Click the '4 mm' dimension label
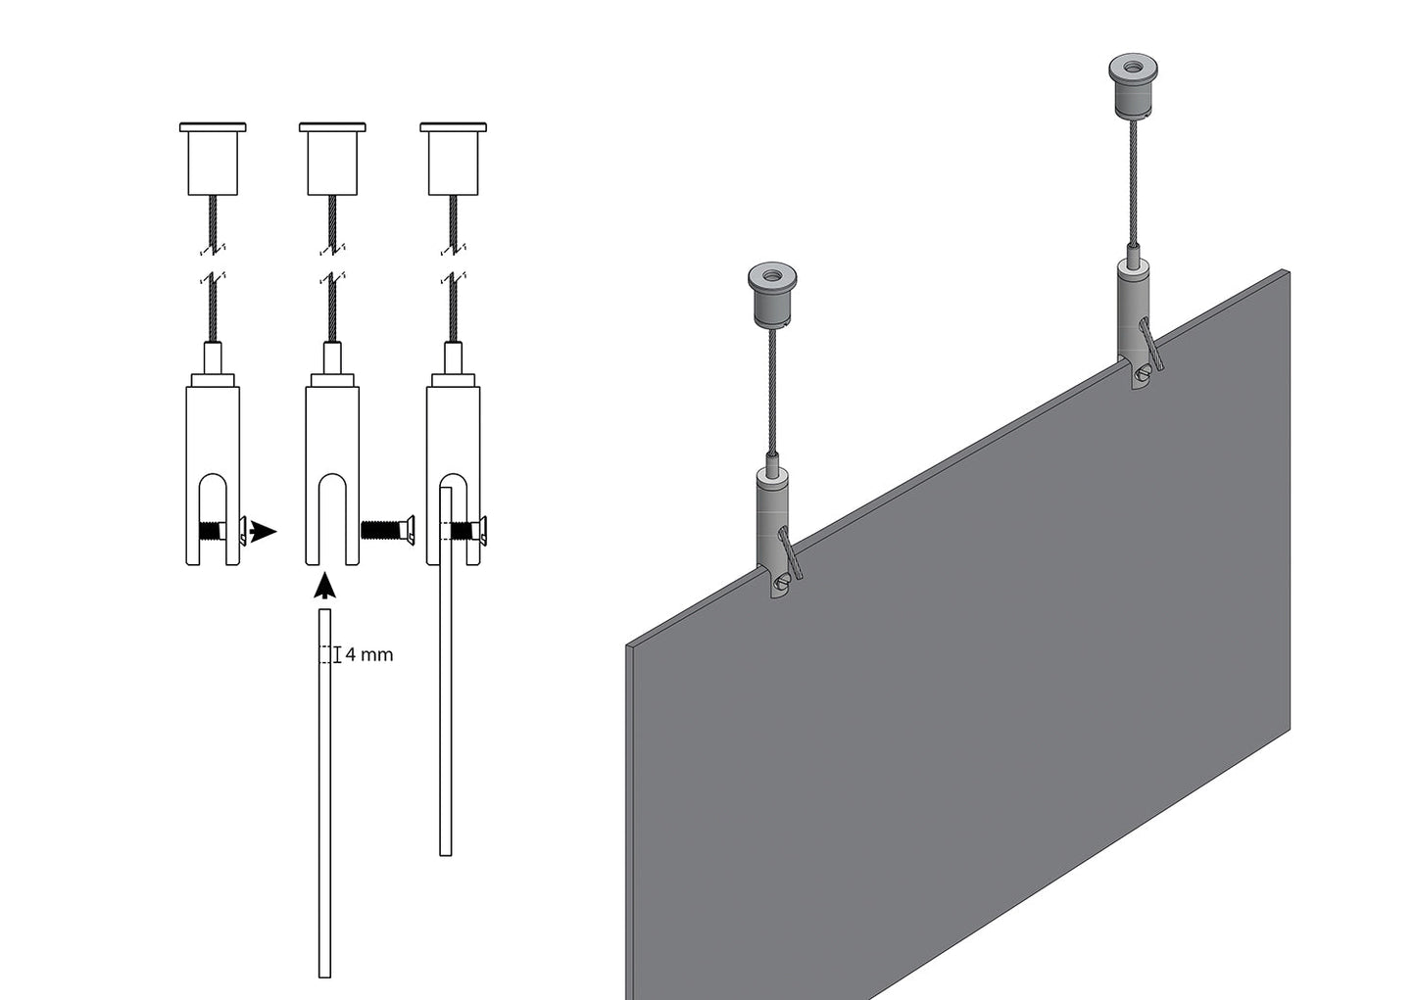369,655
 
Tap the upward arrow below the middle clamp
325,586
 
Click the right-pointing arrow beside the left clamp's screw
263,531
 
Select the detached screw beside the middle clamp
387,529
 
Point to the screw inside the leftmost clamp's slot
222,530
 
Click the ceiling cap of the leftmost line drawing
213,160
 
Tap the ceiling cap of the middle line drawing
332,160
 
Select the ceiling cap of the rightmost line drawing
454,160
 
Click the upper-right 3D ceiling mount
1134,86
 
